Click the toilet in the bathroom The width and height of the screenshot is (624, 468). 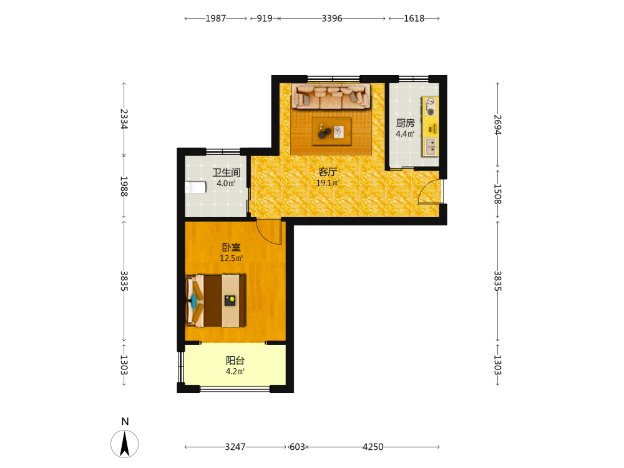tap(195, 187)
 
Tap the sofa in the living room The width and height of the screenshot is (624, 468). tap(331, 96)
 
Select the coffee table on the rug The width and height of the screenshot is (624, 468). tap(331, 131)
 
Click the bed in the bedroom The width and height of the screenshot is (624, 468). tap(215, 301)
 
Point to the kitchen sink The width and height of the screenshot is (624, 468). tap(430, 146)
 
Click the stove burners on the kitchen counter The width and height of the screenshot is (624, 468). tap(430, 107)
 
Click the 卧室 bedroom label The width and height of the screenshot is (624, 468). tap(232, 247)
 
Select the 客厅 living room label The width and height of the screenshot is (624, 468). tap(328, 172)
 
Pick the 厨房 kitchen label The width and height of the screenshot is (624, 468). tap(405, 123)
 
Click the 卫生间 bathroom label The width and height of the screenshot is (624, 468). tap(226, 172)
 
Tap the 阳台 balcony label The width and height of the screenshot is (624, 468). tap(235, 361)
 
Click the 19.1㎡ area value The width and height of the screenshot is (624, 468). tap(328, 183)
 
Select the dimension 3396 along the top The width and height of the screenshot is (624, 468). tap(332, 18)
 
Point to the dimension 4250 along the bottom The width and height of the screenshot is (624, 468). tap(373, 447)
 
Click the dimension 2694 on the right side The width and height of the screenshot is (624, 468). tap(497, 125)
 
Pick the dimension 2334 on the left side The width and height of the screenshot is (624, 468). tap(124, 119)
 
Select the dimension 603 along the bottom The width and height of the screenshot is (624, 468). tap(297, 447)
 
